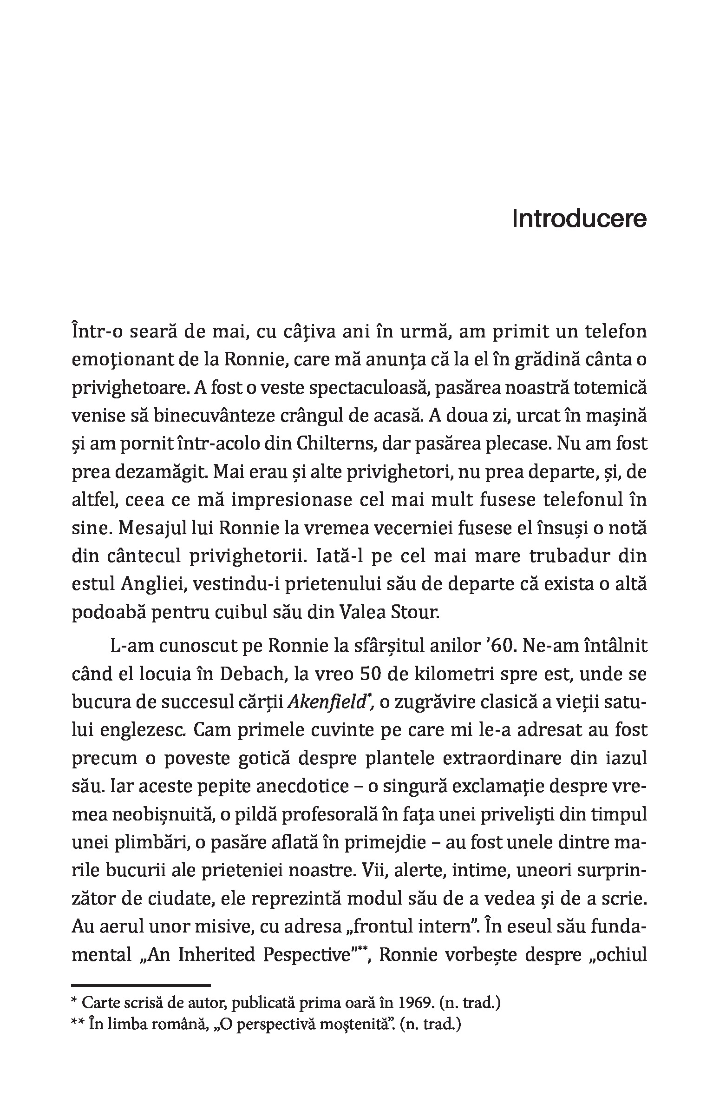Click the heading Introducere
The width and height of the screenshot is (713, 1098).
click(579, 220)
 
